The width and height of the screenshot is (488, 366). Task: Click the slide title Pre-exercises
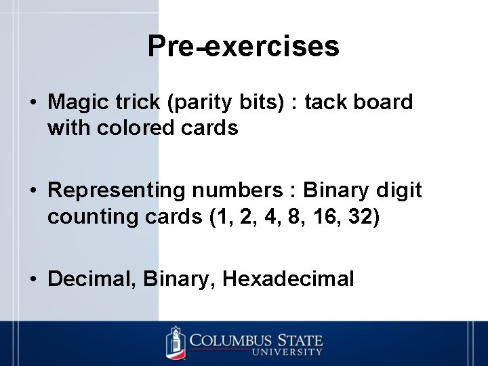click(243, 46)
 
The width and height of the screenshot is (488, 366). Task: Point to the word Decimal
click(91, 279)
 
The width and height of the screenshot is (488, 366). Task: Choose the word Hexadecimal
click(288, 279)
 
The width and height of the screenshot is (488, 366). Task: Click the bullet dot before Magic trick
click(33, 103)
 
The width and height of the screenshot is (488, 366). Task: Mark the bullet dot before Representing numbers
click(33, 191)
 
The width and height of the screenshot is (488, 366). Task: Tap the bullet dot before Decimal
click(33, 279)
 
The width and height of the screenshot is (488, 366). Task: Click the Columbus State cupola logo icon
click(176, 343)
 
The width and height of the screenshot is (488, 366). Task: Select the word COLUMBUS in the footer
click(230, 339)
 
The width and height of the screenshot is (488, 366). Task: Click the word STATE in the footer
click(299, 339)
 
